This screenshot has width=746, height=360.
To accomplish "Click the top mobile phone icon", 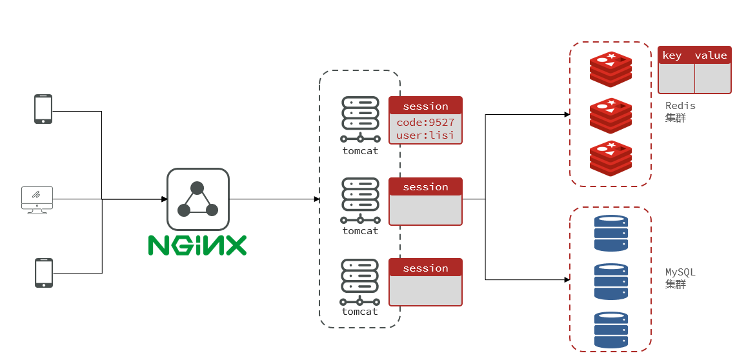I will click(43, 109).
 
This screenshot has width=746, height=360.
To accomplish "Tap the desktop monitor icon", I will click(37, 199).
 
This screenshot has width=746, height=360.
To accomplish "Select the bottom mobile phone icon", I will click(43, 273).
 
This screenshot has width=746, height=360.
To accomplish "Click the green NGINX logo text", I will click(197, 245).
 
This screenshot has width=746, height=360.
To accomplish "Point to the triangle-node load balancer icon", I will click(197, 199).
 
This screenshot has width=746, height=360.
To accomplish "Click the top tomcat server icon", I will click(359, 119).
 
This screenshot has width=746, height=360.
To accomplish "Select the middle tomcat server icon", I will click(359, 201).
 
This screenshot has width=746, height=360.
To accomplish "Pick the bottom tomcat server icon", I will click(359, 282).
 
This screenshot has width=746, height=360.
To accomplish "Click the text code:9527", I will click(425, 122).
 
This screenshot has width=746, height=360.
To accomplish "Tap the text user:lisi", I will click(425, 135).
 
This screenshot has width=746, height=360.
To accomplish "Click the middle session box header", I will click(425, 187).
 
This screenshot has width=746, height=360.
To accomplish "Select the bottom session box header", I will click(425, 268).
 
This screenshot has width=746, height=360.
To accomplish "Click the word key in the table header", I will click(672, 55).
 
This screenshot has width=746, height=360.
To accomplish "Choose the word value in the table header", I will click(711, 55).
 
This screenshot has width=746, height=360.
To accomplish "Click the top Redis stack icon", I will click(610, 69).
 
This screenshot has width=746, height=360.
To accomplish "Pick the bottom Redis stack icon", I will click(610, 158).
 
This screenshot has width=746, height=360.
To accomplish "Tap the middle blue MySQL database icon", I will click(610, 281).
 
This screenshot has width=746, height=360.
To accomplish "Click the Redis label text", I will click(680, 106).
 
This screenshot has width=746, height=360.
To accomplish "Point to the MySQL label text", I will click(680, 272).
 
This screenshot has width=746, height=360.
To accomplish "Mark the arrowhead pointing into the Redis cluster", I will click(567, 115).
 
